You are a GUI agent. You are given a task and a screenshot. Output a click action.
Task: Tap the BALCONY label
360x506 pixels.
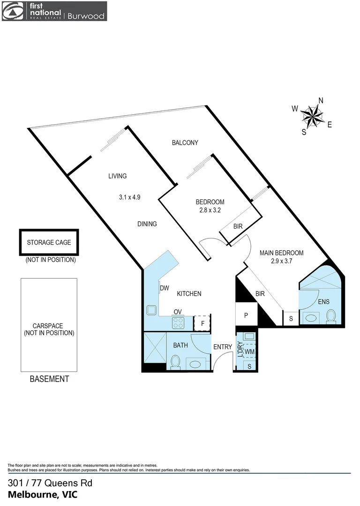(185, 143)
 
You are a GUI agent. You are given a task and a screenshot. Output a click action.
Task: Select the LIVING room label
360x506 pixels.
(118, 176)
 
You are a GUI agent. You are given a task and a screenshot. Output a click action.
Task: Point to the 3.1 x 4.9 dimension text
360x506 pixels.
(130, 198)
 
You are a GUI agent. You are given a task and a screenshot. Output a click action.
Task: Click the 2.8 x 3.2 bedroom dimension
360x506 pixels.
(210, 210)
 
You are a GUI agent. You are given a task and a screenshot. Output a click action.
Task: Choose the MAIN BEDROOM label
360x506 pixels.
(282, 253)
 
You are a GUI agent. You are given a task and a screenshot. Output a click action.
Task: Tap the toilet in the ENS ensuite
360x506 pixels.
(331, 317)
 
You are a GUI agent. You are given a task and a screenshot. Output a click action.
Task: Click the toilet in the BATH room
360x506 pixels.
(176, 362)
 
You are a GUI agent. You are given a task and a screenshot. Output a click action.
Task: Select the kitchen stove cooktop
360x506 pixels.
(179, 322)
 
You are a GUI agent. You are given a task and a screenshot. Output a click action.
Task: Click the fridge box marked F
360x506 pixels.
(203, 323)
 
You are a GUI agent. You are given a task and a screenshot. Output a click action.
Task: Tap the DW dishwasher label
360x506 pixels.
(164, 288)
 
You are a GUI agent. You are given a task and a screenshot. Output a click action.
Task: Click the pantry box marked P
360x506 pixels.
(246, 315)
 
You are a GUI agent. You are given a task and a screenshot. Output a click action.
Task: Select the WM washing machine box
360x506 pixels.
(249, 351)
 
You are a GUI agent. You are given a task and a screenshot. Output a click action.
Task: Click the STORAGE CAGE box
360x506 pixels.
(49, 243)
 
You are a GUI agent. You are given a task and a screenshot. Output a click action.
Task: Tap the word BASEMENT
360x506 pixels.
(49, 379)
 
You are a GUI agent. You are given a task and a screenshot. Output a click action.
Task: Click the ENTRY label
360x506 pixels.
(223, 347)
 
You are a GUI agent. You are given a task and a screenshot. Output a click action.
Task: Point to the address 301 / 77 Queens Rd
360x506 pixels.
(50, 483)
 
